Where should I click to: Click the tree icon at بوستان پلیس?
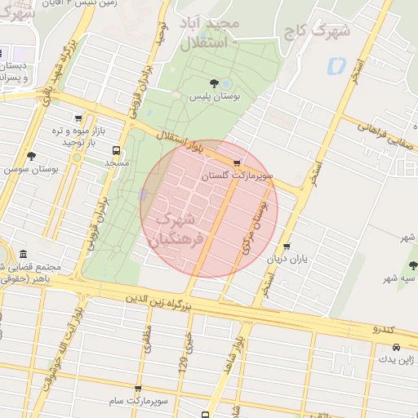pyautogui.click(x=214, y=83)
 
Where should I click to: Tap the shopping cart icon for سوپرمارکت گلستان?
pyautogui.click(x=237, y=163)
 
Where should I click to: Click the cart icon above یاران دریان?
pyautogui.click(x=287, y=247)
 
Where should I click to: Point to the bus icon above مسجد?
pyautogui.click(x=116, y=151)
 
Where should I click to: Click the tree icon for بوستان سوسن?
pyautogui.click(x=31, y=155)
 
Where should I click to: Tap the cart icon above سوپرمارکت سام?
pyautogui.click(x=137, y=389)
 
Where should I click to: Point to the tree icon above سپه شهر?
pyautogui.click(x=413, y=265)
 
